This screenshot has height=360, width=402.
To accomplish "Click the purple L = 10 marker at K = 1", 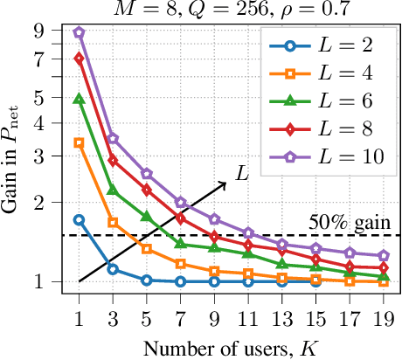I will coord(80,32).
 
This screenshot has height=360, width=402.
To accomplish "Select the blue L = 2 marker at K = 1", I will coord(80,220).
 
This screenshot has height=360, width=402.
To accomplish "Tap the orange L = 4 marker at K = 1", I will coord(80,142).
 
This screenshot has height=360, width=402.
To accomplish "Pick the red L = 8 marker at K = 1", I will coord(80,59).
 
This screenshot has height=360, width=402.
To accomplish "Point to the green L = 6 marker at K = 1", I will coord(80,100).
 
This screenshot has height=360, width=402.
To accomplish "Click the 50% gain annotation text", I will coord(349,222).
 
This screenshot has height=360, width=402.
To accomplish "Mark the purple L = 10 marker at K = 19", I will coord(382,256).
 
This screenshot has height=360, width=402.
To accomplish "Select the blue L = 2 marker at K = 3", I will coord(113,269).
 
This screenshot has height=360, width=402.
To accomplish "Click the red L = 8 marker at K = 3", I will coord(113,161).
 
